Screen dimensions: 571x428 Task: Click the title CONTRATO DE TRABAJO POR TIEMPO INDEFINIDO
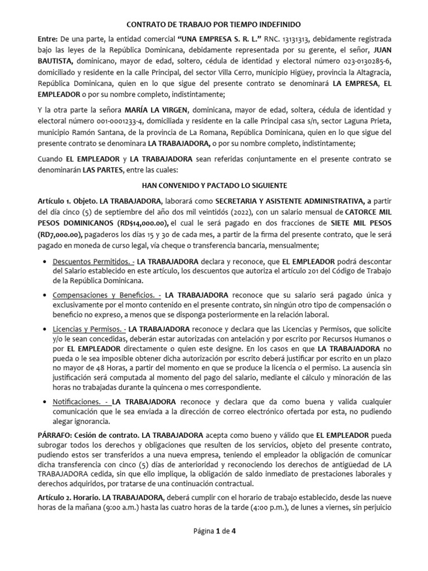pos(214,25)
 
